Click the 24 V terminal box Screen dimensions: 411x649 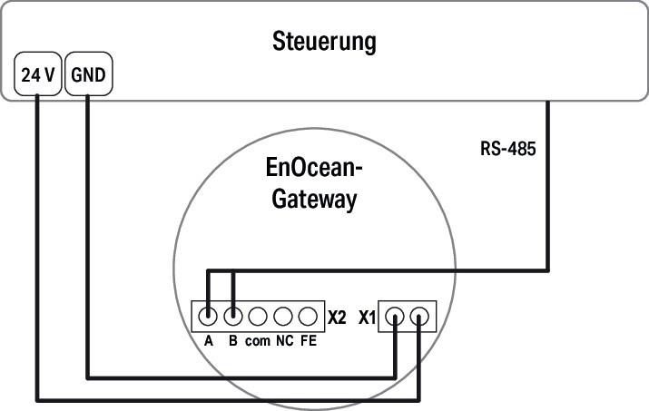38,77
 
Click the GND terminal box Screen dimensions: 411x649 88,77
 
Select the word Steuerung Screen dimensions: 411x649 324,42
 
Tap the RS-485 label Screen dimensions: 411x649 507,148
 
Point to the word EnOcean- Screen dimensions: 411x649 314,171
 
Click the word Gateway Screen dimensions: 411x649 314,200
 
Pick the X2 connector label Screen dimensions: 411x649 337,318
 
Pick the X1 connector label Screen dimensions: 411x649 367,318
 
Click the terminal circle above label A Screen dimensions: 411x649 208,317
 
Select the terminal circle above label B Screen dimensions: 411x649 233,317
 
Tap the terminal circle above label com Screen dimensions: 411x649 258,317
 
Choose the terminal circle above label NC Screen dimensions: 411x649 283,317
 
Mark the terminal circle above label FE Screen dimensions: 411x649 308,317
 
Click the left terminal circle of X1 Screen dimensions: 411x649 395,317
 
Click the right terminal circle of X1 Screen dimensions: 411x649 419,317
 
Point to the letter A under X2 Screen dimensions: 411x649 208,341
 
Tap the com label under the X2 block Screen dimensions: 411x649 257,341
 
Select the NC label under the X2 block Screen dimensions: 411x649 283,341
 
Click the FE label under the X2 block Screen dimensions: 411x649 308,341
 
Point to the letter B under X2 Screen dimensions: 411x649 233,341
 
